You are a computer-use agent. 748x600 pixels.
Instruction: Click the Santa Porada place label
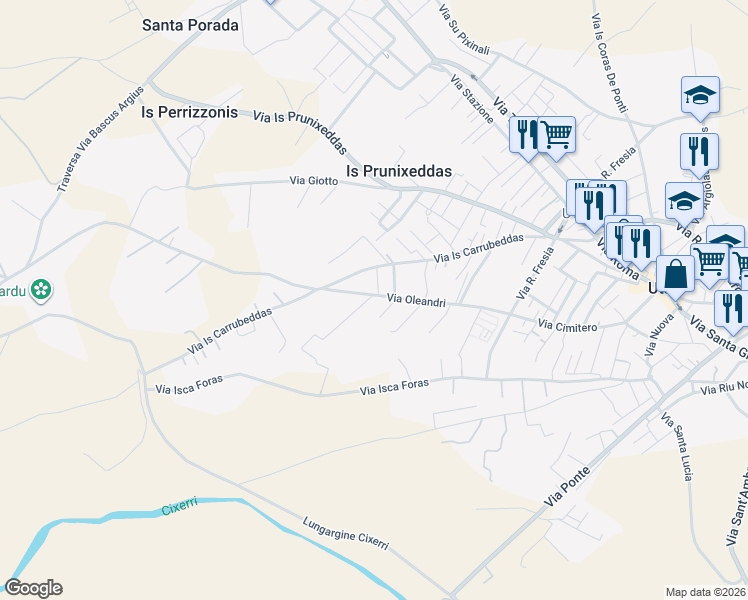[x=191, y=25]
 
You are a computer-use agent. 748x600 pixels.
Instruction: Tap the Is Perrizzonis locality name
[x=190, y=112]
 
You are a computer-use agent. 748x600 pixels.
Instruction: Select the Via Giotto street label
[x=313, y=181]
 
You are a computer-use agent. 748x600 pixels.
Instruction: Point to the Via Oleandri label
[x=416, y=299]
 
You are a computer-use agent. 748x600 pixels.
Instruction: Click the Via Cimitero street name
[x=567, y=326]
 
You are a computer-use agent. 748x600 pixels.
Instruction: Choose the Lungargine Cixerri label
[x=345, y=534]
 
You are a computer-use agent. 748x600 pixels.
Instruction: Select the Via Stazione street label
[x=472, y=99]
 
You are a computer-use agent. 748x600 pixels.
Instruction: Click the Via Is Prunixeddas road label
[x=300, y=132]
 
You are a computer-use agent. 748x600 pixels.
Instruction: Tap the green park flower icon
[x=40, y=290]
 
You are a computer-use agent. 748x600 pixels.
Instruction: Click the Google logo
[x=33, y=588]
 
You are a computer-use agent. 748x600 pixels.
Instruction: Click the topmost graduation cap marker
[x=700, y=96]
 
